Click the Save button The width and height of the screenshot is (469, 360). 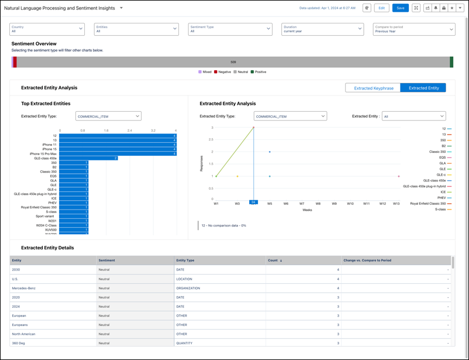tap(400, 8)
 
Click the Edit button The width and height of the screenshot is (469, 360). tap(381, 8)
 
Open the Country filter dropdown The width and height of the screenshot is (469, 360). tap(47, 29)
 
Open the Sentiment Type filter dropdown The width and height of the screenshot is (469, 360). tap(230, 29)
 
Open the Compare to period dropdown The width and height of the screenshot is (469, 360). tap(414, 29)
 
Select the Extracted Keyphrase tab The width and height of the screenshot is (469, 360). tap(373, 88)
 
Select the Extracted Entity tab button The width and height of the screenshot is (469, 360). tap(424, 88)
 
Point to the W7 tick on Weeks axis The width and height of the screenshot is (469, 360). tap(302, 204)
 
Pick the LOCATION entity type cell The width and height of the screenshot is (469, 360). tap(185, 279)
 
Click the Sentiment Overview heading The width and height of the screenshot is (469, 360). tap(34, 44)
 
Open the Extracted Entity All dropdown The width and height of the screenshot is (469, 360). tap(413, 116)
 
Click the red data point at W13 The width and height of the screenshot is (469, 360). tap(399, 176)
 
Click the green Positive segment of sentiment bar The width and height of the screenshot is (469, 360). tap(451, 62)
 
